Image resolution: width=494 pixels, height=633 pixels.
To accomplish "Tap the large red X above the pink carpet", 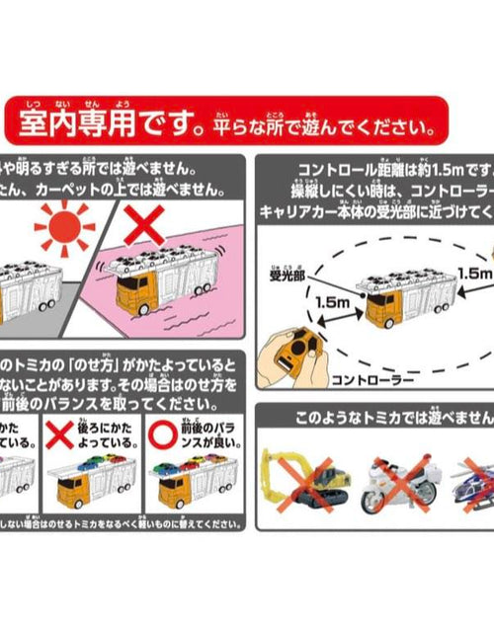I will click(x=145, y=225).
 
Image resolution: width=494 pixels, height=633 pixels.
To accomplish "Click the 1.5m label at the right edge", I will click(x=474, y=268).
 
